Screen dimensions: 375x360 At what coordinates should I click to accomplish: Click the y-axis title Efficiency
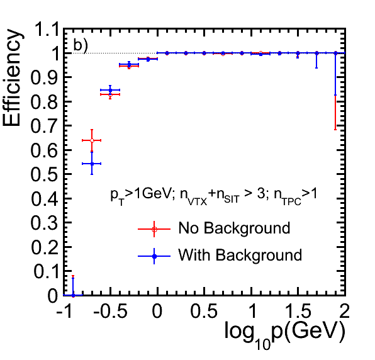click(12, 77)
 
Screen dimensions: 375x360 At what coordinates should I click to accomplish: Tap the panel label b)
click(81, 45)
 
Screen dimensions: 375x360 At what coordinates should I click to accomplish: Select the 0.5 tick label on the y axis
click(44, 174)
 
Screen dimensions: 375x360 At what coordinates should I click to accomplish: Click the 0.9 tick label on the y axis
click(44, 77)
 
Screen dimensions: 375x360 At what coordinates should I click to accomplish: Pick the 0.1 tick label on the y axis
click(45, 271)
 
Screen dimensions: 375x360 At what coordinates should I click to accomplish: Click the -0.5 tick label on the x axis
click(110, 311)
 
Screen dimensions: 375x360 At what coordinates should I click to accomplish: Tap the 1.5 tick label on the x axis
click(298, 311)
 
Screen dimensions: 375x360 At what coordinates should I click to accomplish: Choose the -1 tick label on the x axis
click(64, 311)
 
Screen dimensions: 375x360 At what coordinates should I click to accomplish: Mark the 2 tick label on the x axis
click(344, 311)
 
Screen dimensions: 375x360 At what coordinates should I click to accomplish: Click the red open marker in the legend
click(154, 229)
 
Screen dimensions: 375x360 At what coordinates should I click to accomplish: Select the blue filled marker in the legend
click(154, 256)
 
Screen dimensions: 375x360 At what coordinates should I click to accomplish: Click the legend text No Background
click(234, 228)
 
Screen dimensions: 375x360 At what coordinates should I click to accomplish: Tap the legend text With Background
click(240, 255)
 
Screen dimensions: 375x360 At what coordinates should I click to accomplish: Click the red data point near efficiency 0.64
click(92, 140)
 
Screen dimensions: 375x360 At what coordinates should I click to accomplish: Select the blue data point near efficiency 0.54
click(92, 164)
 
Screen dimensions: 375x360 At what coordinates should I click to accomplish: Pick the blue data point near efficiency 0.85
click(110, 90)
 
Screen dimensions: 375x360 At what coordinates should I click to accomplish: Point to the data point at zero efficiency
click(73, 295)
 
